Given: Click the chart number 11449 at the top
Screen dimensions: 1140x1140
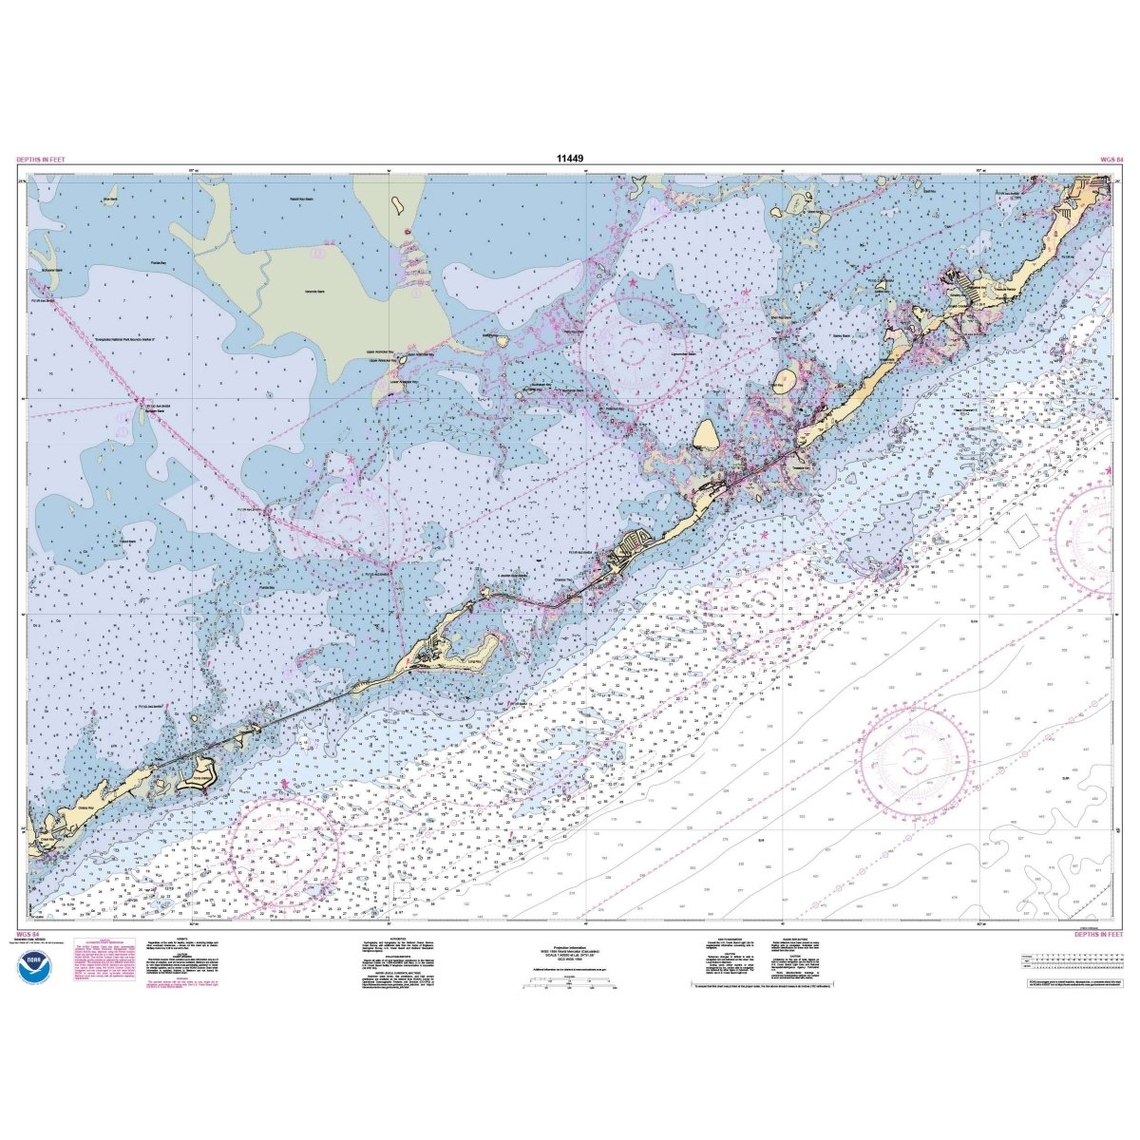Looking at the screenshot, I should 570,160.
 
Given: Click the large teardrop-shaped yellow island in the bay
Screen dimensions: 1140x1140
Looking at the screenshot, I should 707,439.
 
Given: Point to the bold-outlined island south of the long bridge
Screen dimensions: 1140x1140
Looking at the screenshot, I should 203,771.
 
